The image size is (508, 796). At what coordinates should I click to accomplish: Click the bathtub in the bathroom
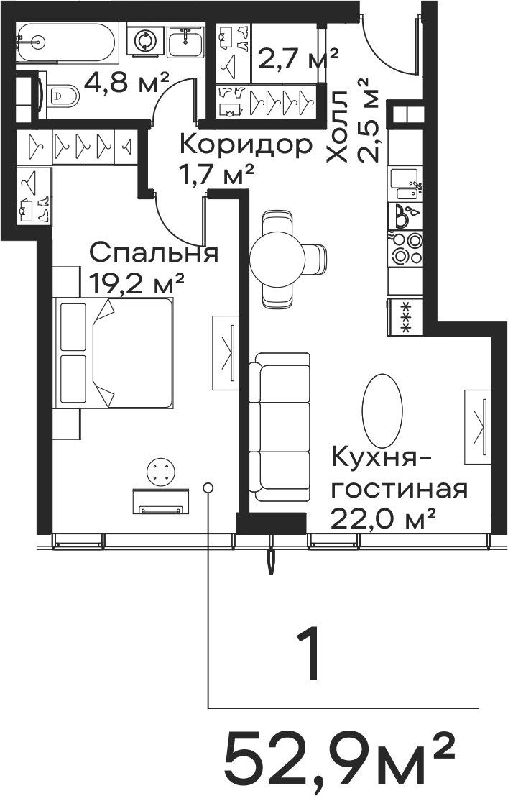(67, 44)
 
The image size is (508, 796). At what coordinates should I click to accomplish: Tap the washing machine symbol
(146, 40)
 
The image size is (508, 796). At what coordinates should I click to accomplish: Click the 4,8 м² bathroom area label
(126, 82)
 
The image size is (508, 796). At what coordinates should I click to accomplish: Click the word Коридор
(246, 146)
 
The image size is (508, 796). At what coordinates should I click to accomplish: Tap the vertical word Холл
(337, 127)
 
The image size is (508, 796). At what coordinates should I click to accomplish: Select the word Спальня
(154, 253)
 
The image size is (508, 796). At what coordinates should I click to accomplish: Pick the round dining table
(277, 260)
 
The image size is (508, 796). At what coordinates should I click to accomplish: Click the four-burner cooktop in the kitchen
(405, 248)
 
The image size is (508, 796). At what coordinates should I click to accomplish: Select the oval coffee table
(382, 410)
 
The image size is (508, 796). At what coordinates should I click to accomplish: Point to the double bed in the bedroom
(114, 353)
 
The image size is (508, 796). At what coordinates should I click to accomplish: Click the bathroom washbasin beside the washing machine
(186, 40)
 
